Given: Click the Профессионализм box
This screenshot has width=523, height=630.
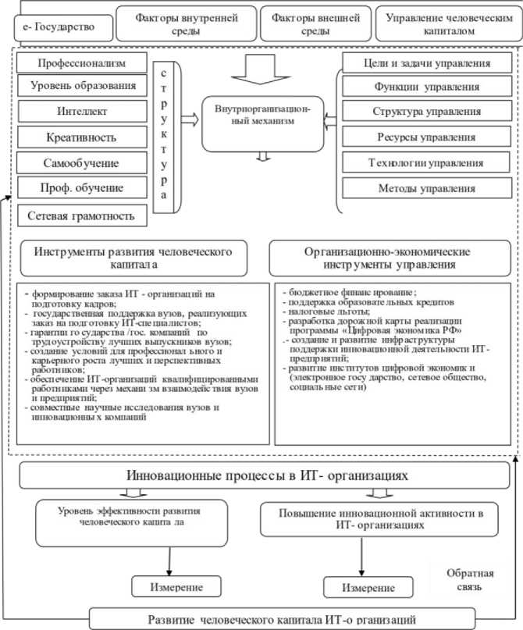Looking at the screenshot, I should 80,62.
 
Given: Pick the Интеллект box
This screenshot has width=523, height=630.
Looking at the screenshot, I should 80,112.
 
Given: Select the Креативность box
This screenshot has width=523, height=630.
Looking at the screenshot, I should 80,137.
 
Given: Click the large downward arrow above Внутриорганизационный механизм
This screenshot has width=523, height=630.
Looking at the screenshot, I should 262,68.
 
